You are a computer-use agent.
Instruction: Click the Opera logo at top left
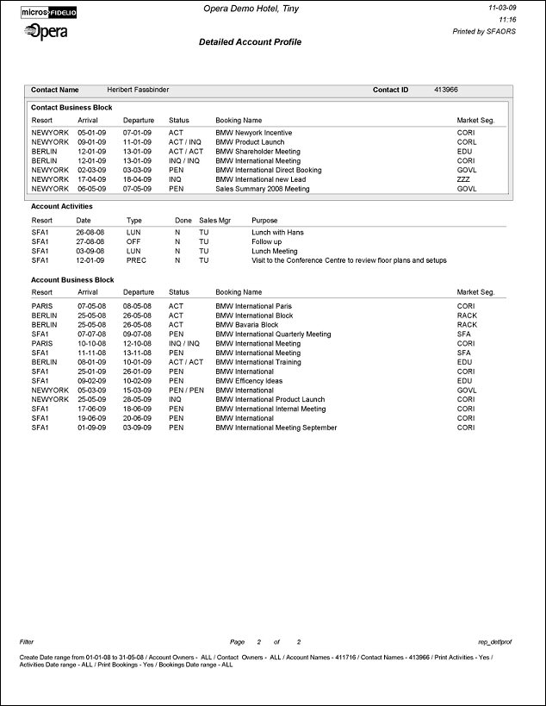point(47,31)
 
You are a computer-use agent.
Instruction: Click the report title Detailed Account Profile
point(250,41)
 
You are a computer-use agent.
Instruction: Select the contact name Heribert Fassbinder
point(139,90)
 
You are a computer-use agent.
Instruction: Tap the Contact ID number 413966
point(445,90)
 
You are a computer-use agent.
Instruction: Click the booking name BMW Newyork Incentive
point(253,133)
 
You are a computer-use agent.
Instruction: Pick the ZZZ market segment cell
point(464,179)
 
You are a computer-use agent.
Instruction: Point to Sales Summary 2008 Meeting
point(262,189)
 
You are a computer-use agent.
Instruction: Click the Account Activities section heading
point(61,207)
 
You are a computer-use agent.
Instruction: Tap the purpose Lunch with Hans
point(277,233)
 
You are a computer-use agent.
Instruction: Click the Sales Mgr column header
point(214,221)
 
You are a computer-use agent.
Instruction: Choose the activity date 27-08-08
point(90,242)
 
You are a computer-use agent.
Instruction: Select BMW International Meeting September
point(276,428)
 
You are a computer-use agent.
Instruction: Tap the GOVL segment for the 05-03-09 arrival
point(467,390)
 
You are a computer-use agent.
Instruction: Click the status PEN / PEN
point(185,390)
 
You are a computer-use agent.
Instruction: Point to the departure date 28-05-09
point(138,400)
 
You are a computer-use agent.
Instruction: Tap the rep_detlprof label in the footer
point(494,642)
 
